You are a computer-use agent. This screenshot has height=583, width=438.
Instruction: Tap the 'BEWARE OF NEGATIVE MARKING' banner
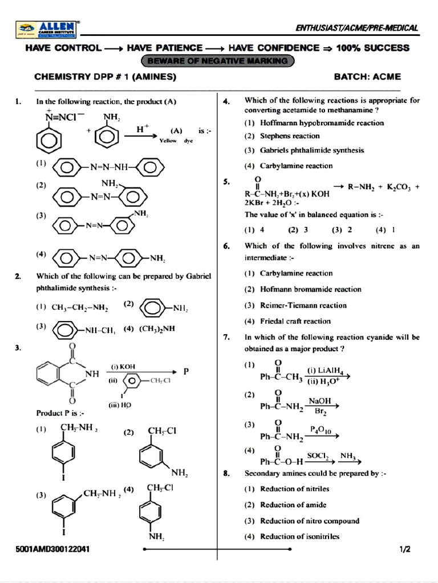218,60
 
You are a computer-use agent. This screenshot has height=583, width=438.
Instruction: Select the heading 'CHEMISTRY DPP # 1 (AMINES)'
106,76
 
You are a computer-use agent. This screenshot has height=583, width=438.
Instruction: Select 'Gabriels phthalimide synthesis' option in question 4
312,150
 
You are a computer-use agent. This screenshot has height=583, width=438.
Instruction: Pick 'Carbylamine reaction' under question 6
296,273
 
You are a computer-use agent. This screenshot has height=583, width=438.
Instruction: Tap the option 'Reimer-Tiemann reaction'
304,305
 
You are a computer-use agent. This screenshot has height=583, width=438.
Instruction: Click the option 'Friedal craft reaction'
295,321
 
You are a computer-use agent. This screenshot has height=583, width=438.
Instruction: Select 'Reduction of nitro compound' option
310,520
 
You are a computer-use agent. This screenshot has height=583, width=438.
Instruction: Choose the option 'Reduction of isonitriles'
299,536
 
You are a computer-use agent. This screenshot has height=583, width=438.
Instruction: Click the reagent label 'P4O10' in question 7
321,429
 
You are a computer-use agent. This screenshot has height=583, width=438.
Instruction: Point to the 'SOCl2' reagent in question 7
318,455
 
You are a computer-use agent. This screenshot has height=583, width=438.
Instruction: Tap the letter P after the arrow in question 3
186,371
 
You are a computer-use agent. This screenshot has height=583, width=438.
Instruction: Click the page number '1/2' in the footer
405,550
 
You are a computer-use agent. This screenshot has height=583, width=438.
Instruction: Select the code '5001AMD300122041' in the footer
52,550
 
